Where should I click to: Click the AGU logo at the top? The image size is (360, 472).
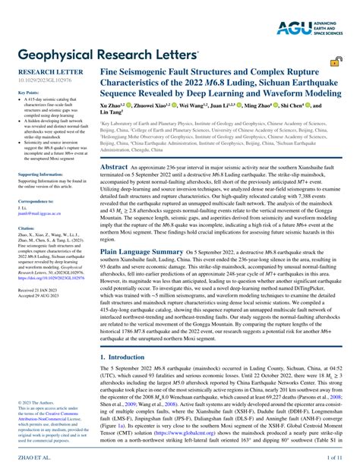pos(312,28)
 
